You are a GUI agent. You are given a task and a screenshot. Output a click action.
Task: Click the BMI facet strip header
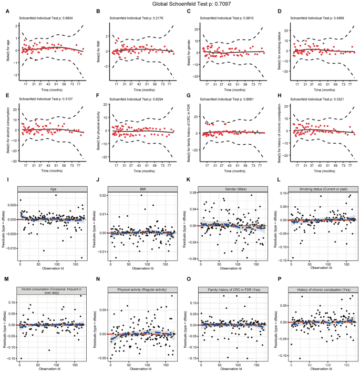141,188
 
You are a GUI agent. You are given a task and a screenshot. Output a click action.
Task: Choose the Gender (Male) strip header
232,188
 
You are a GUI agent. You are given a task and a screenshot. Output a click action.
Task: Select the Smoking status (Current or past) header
323,188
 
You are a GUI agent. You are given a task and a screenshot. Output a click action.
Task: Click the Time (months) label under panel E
52,171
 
